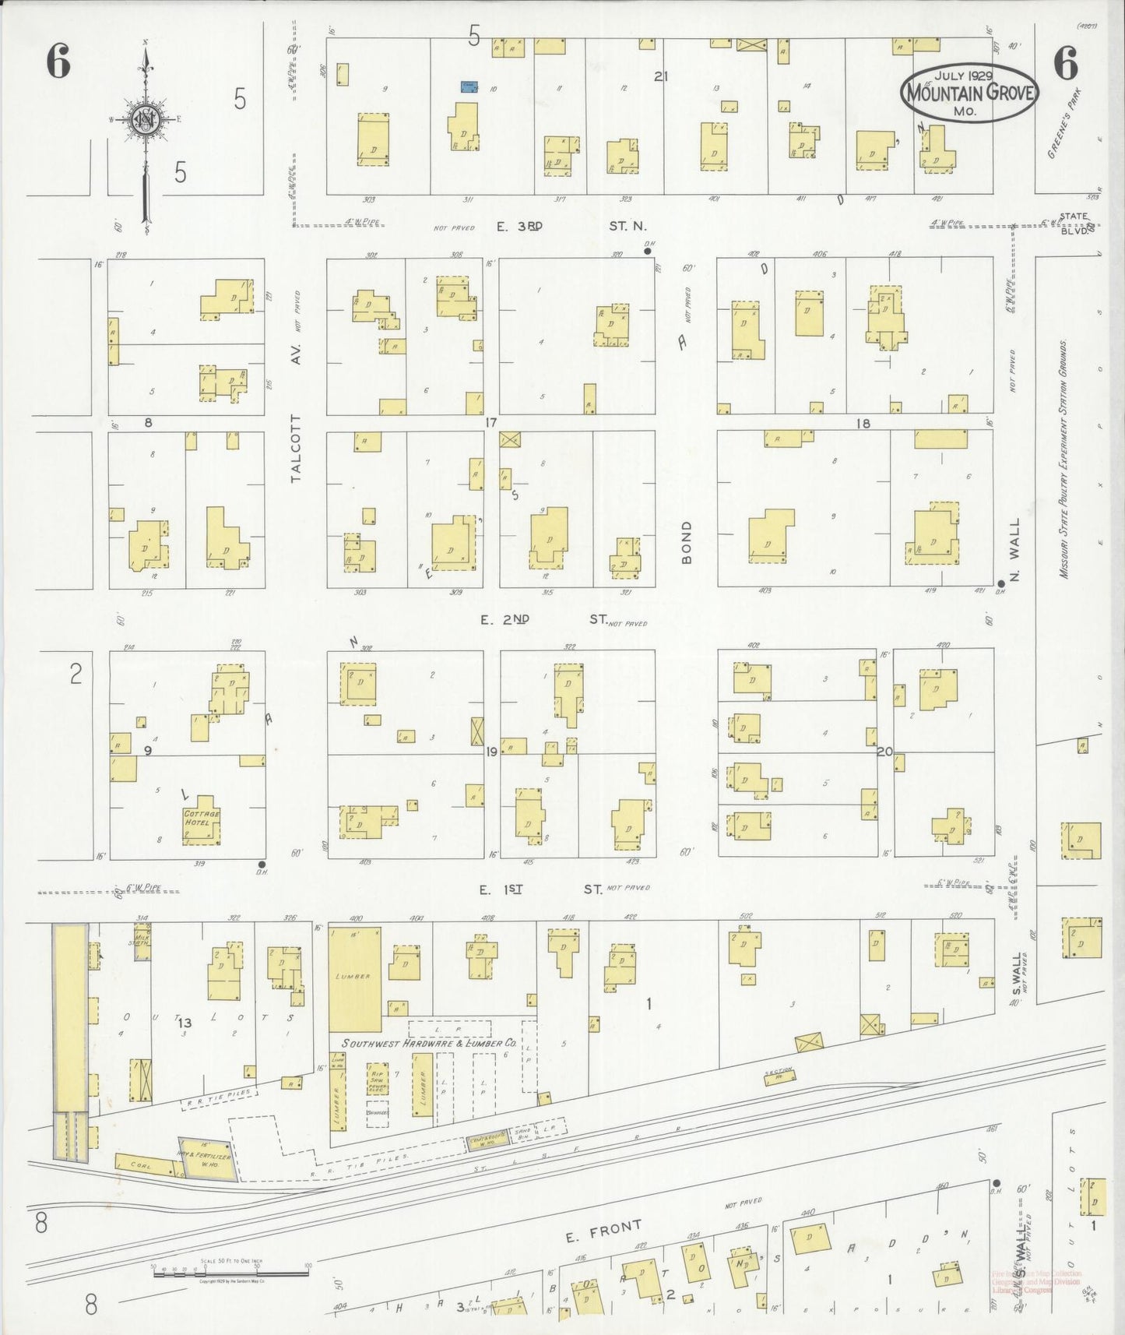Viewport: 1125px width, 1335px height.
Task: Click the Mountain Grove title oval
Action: [x=970, y=92]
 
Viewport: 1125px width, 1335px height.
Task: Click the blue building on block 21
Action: [x=469, y=86]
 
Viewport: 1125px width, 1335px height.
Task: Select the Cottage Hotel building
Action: [x=202, y=820]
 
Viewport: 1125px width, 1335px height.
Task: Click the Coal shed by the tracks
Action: [x=145, y=1164]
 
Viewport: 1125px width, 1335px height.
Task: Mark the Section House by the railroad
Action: [x=779, y=1075]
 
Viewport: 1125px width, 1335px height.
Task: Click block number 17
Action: [x=490, y=423]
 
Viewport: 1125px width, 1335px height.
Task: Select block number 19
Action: [x=490, y=752]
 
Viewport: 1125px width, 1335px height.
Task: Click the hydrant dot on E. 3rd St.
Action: [x=647, y=252]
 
